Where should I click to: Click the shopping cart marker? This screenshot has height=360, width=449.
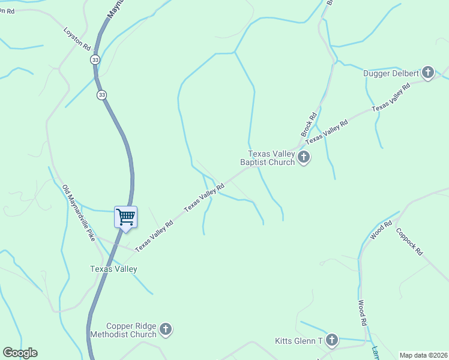pos(125,217)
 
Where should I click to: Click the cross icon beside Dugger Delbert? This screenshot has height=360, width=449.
pos(428,73)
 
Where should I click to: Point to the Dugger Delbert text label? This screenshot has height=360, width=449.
pos(391,74)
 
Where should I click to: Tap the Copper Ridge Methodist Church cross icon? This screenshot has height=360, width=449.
pos(166,329)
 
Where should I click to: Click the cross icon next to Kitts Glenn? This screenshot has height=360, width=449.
pos(331,341)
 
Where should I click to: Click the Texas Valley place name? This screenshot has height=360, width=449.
pos(113,269)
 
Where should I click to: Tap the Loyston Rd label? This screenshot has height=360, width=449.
pos(77,38)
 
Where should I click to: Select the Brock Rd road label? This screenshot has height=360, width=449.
pos(309,124)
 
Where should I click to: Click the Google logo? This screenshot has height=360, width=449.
pos(20,353)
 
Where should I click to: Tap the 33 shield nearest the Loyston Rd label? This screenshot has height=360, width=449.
pos(95,60)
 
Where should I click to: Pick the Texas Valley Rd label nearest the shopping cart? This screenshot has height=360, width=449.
pos(154,236)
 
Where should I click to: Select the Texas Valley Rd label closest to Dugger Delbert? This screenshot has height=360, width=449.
pos(391,95)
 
